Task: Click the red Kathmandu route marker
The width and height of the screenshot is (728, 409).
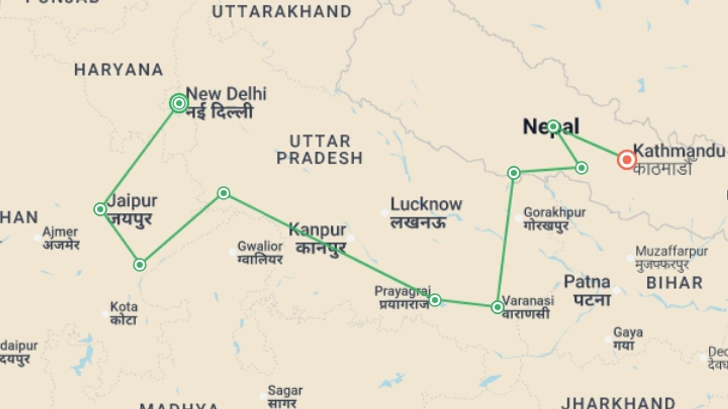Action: tap(626, 159)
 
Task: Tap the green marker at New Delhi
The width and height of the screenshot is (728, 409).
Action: tap(179, 103)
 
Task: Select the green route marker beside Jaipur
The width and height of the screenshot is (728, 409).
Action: tap(100, 209)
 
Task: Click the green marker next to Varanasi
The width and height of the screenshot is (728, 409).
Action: tap(497, 307)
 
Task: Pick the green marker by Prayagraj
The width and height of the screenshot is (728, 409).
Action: tap(435, 300)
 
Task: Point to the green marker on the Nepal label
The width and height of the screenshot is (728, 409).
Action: tap(553, 126)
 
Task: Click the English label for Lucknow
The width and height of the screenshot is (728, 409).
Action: tap(426, 204)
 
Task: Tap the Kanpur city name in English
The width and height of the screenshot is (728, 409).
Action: tap(317, 229)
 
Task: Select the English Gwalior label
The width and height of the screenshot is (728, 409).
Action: tap(260, 246)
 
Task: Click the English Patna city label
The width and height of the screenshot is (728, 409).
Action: tap(587, 282)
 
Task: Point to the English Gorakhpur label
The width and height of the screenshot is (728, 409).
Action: tap(555, 212)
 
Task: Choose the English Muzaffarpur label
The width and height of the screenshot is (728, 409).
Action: tap(672, 251)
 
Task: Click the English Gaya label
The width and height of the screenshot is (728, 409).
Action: tap(628, 332)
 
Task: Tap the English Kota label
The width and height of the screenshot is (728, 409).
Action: tap(124, 306)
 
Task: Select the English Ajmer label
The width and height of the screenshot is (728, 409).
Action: tap(60, 232)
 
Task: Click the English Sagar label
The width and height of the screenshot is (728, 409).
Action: tap(285, 390)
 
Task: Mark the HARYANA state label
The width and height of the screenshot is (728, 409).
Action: tap(119, 70)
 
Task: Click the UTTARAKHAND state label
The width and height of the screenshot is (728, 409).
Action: tap(282, 12)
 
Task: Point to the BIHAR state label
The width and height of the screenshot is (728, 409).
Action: tap(675, 283)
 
